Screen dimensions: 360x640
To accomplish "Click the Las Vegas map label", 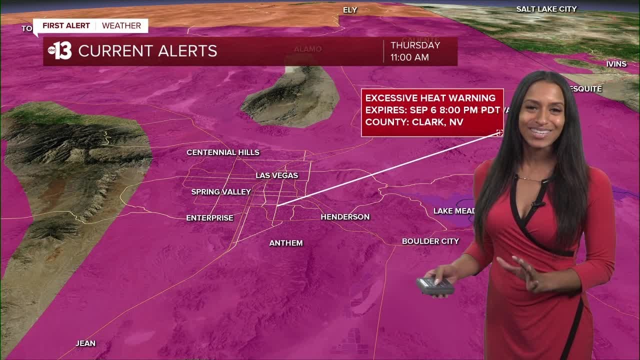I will [x=276, y=175].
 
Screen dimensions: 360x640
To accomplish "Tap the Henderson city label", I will [x=345, y=217].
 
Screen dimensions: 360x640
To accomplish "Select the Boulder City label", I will [x=430, y=241].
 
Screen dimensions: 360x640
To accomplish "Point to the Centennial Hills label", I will [x=223, y=152].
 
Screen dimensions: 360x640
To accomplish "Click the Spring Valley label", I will [x=221, y=192].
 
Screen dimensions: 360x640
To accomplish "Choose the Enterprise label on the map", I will [x=209, y=218].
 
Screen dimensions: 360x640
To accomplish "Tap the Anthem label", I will [x=286, y=243].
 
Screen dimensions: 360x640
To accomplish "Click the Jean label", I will [x=85, y=343].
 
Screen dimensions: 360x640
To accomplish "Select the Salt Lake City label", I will [x=546, y=9].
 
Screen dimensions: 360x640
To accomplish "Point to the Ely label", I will [x=350, y=10].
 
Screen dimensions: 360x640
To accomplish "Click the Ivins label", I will [x=616, y=64].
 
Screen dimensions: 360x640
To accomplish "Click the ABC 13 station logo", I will [x=59, y=51].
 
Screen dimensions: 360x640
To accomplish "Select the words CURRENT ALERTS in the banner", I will [x=147, y=51].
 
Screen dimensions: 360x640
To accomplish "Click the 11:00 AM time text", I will [x=409, y=57].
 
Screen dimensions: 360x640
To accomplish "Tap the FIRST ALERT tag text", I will [x=66, y=26].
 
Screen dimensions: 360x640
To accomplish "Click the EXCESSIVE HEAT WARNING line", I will [x=430, y=98].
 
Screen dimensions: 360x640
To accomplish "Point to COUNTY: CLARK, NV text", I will [x=414, y=122].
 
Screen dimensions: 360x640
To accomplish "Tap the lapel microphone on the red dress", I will [x=538, y=203].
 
